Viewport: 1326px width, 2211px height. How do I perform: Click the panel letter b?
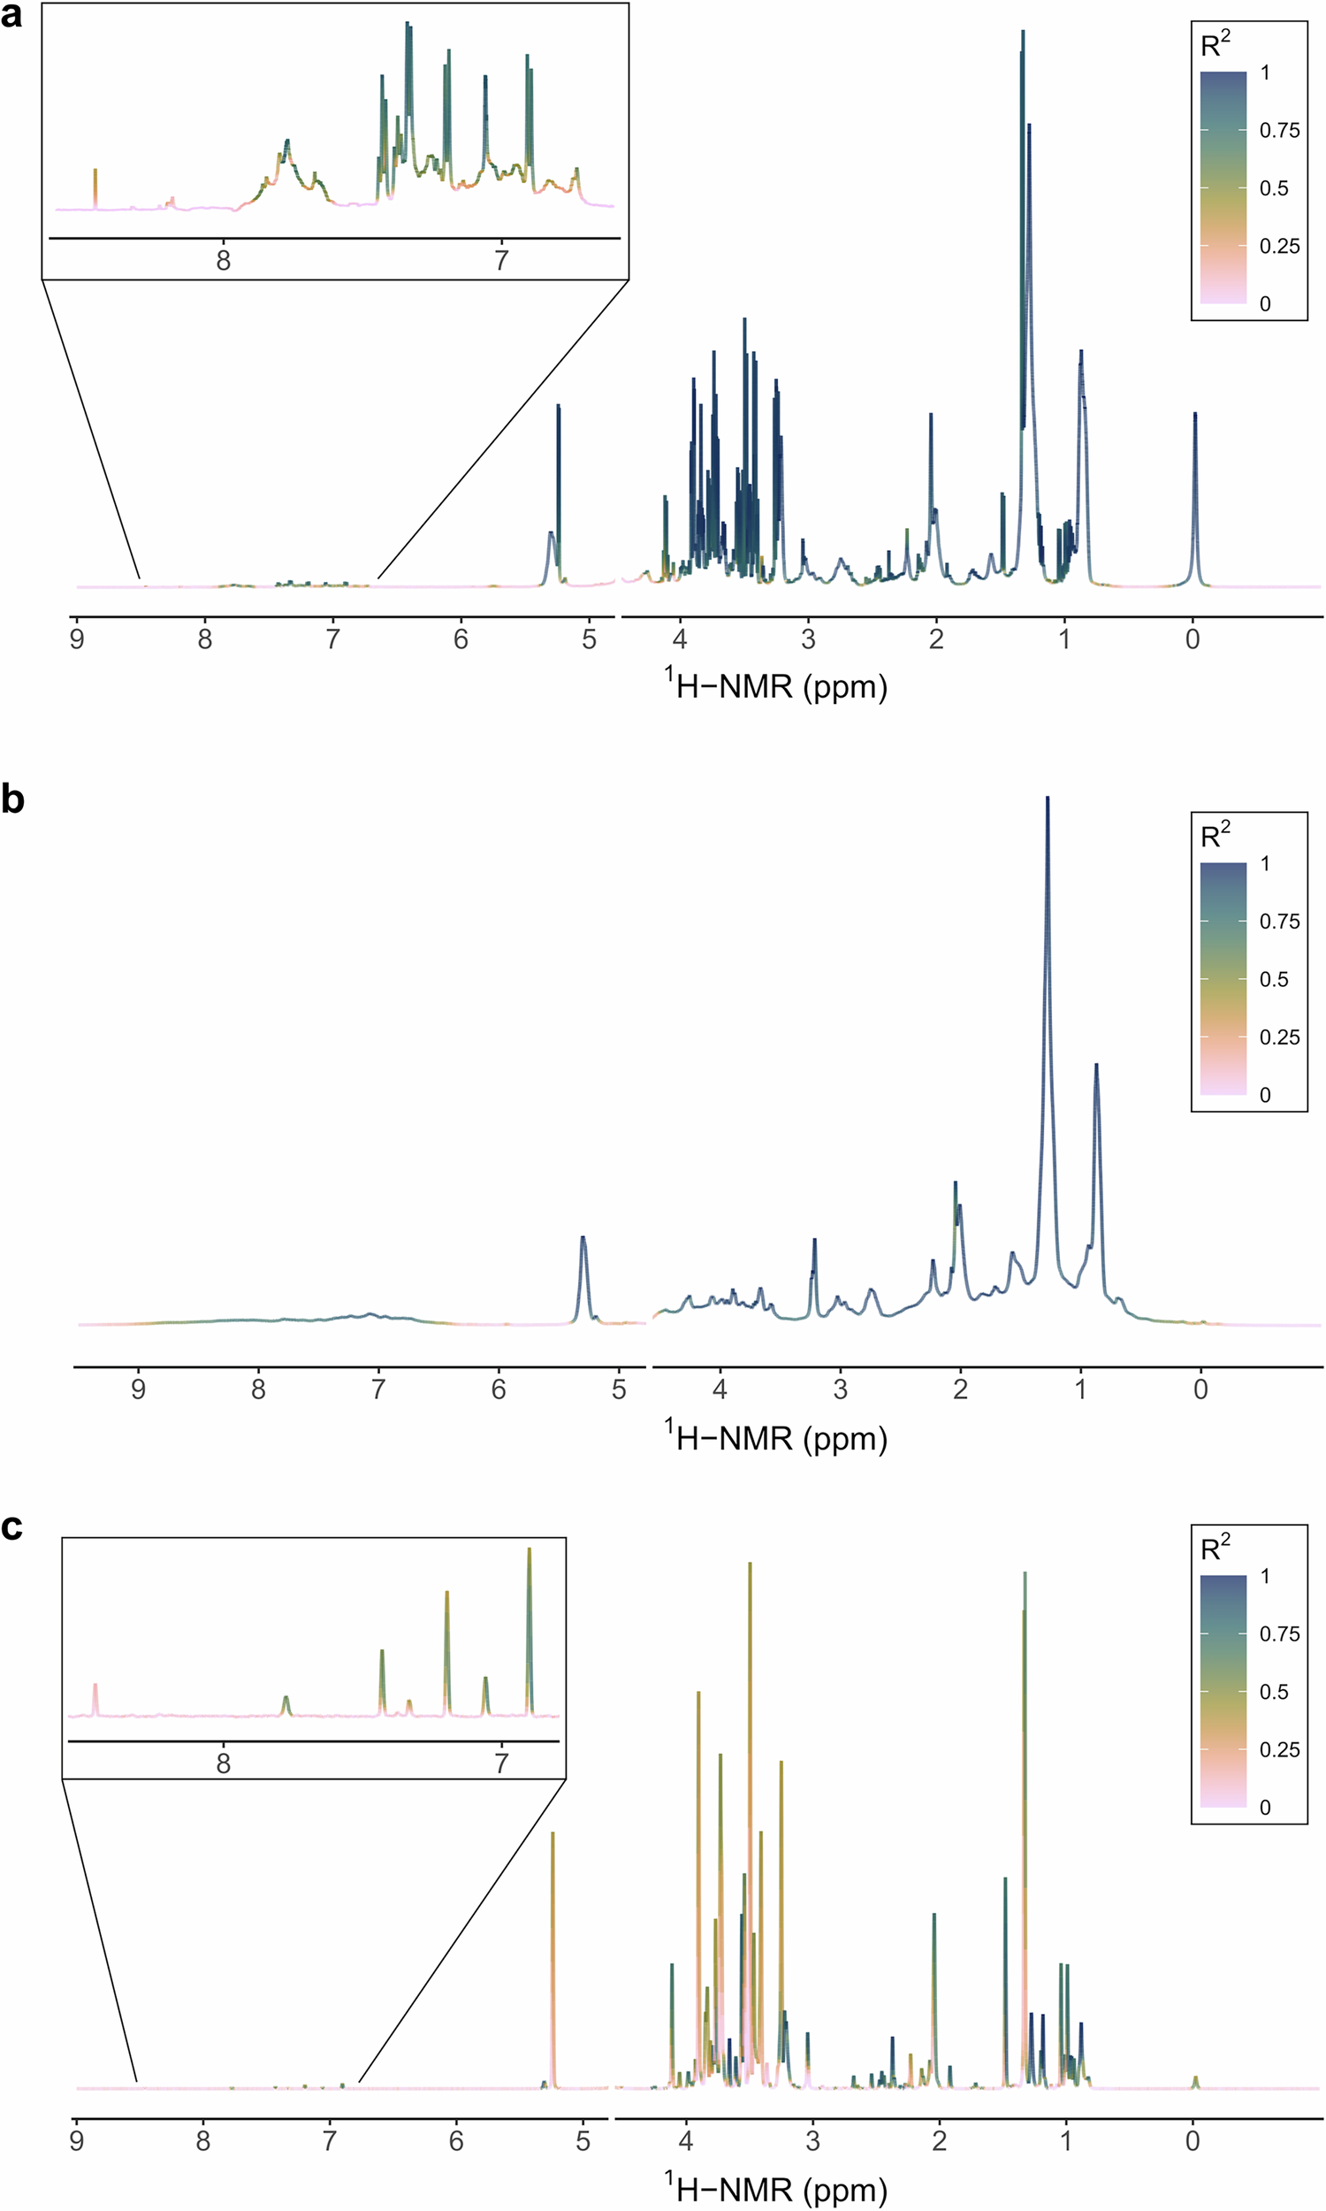click(x=12, y=798)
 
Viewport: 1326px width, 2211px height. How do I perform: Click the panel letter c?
click(x=11, y=1526)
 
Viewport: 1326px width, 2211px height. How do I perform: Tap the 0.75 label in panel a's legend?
click(x=1279, y=131)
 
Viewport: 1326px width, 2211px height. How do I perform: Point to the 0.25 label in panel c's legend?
click(x=1279, y=1750)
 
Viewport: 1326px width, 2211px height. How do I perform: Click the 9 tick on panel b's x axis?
click(x=139, y=1389)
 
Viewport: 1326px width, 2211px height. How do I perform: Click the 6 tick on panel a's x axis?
click(x=461, y=639)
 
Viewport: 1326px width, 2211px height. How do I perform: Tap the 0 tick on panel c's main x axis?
click(x=1193, y=2141)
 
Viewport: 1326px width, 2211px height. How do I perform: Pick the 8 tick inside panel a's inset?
click(x=224, y=260)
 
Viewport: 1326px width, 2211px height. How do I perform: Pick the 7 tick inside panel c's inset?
click(x=501, y=1763)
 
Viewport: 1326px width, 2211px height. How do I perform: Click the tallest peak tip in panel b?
click(x=1048, y=798)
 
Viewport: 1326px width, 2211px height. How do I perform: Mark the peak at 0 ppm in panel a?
click(x=1194, y=415)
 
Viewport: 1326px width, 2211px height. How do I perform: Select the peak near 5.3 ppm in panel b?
click(x=583, y=1238)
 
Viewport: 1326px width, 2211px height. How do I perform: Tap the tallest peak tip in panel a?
click(x=1022, y=32)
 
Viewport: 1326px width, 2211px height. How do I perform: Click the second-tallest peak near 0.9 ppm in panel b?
click(x=1096, y=1066)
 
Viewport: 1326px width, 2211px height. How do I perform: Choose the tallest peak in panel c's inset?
click(x=529, y=1549)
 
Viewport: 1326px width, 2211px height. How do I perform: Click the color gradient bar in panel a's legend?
click(x=1223, y=187)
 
